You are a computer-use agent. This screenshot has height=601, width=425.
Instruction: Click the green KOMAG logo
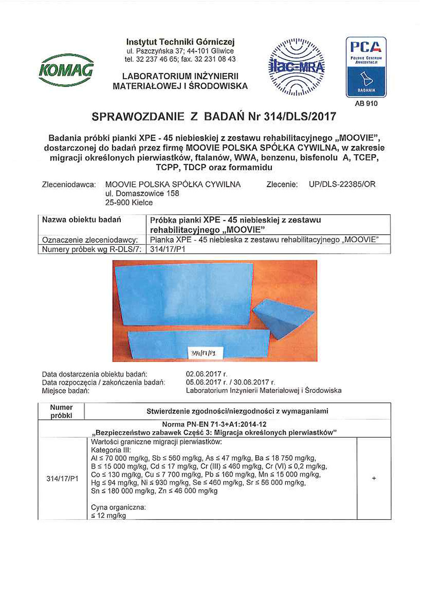(66, 70)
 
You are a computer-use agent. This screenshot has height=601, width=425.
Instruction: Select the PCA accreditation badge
(366, 67)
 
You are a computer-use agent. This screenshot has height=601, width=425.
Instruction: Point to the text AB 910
(366, 103)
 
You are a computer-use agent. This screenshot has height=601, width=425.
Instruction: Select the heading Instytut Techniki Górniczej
(180, 42)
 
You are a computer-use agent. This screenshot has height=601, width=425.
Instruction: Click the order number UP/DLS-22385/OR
(342, 184)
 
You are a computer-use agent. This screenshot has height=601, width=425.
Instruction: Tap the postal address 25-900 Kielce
(129, 203)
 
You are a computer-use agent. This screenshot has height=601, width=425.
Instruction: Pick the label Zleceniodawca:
(69, 184)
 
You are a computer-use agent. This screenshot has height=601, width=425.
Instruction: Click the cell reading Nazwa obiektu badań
(81, 220)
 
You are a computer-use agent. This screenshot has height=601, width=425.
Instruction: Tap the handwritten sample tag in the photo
(206, 353)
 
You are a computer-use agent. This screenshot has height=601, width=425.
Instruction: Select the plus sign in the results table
(374, 478)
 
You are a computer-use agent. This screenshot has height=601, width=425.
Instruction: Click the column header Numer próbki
(61, 411)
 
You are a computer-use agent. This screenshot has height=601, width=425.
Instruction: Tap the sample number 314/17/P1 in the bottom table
(62, 478)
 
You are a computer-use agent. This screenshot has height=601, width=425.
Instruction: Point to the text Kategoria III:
(111, 450)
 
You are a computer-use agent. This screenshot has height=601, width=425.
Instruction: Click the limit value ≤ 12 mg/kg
(108, 515)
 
